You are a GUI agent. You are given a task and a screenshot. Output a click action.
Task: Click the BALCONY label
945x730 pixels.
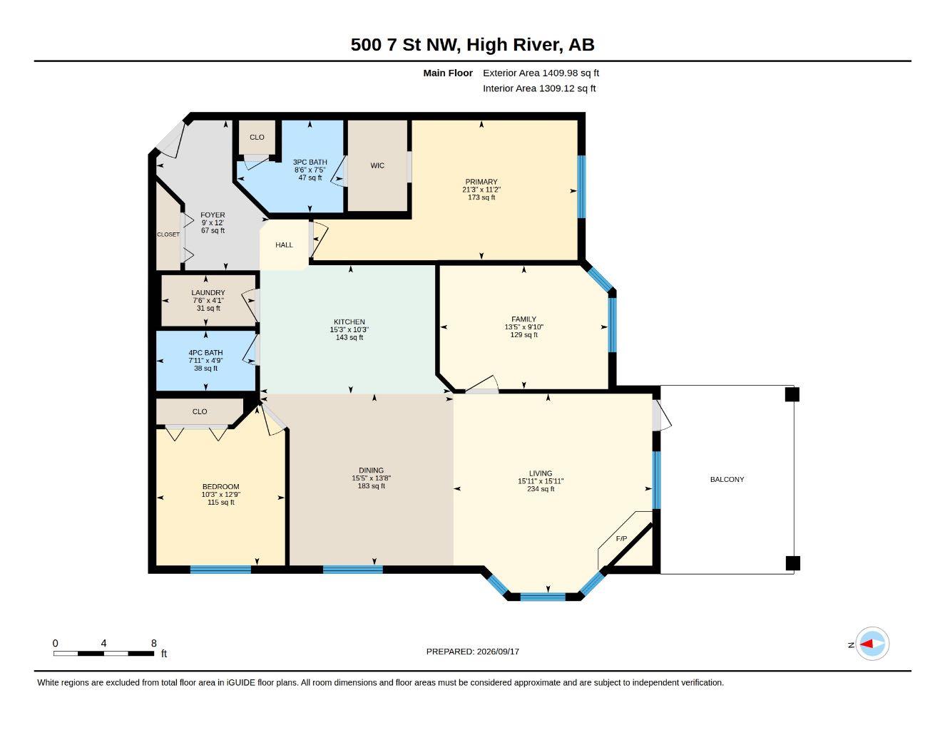(727, 479)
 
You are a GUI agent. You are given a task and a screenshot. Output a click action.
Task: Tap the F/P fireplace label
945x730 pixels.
(621, 539)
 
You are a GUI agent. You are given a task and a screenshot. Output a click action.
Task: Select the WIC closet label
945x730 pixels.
(377, 165)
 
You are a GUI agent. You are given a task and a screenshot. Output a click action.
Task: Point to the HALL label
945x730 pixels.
(284, 245)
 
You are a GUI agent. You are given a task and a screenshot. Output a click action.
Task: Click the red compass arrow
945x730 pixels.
(867, 644)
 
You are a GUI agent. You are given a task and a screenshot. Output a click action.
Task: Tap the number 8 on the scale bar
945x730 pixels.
(153, 643)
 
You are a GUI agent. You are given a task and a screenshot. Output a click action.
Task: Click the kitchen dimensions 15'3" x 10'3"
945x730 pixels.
(349, 330)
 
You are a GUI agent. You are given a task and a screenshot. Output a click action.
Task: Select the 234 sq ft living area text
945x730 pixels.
(541, 489)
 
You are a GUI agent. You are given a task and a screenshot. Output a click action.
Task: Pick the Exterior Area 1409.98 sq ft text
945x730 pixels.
(541, 73)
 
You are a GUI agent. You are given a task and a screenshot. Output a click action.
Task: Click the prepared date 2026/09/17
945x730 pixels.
(498, 652)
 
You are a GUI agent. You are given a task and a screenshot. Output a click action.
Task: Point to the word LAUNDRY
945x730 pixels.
(208, 293)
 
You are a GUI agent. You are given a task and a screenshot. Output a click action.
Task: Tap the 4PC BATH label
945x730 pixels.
(205, 353)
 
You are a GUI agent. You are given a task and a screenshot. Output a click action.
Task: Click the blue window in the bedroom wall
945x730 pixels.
(220, 570)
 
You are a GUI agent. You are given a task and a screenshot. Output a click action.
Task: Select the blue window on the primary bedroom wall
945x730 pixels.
(581, 187)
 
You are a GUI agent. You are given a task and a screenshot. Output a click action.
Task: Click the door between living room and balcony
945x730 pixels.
(661, 416)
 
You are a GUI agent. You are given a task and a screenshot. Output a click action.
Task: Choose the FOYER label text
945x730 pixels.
(213, 215)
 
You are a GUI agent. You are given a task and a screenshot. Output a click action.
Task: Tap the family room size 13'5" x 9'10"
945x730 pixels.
(523, 327)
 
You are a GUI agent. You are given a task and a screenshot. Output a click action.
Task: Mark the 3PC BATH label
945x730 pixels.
(310, 162)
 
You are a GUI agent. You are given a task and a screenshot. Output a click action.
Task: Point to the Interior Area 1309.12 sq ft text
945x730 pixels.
(538, 88)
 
